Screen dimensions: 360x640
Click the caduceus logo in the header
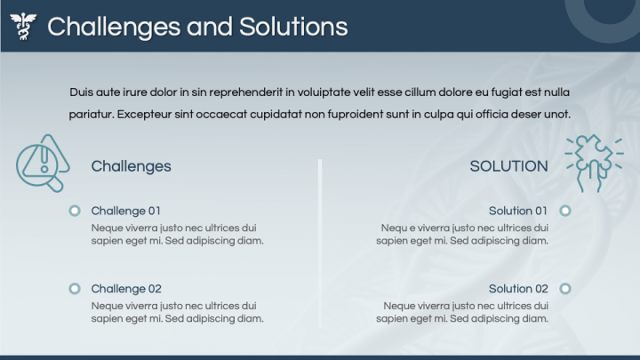25,27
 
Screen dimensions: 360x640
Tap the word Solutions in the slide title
293,27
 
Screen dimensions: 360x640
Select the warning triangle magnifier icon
42,164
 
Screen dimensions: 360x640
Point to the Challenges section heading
131,166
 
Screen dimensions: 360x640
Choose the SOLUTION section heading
508,166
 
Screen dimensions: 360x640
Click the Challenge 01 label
125,211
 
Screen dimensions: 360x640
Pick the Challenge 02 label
126,289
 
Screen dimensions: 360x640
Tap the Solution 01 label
517,211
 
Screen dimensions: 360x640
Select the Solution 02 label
517,289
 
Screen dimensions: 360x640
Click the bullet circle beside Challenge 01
75,211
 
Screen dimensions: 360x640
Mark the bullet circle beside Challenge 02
75,289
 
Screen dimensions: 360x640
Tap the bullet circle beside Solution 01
565,211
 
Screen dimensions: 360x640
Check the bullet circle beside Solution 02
565,289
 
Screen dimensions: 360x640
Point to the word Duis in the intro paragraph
81,92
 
